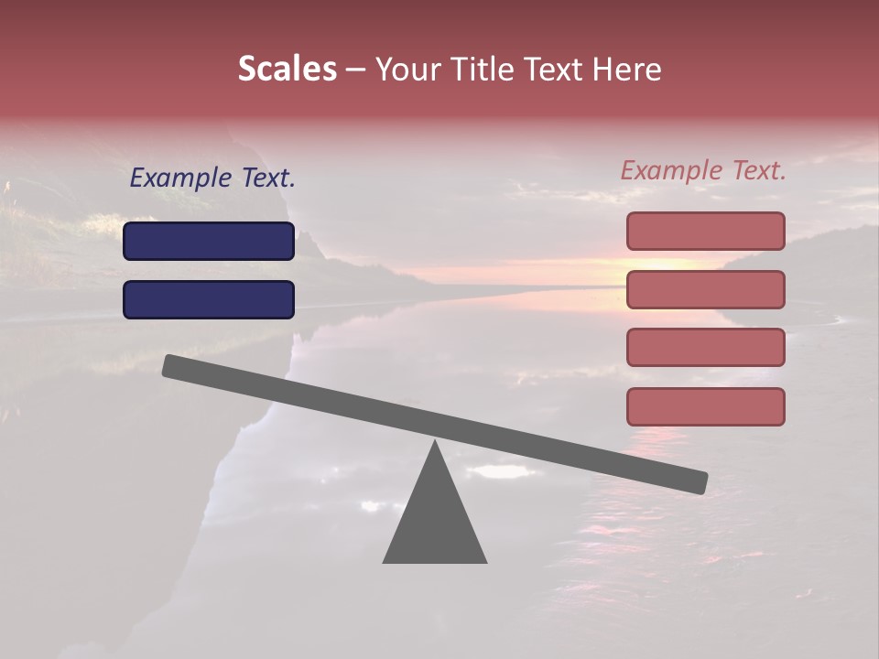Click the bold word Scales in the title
click(x=287, y=69)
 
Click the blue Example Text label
click(x=212, y=178)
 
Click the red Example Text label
click(x=703, y=170)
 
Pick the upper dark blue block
click(x=209, y=241)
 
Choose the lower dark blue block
click(x=209, y=299)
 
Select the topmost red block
click(x=705, y=231)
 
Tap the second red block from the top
click(x=705, y=289)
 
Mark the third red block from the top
click(x=705, y=348)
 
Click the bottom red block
click(x=705, y=406)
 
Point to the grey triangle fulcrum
click(x=435, y=522)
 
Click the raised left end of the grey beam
click(x=174, y=366)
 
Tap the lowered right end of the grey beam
click(x=696, y=481)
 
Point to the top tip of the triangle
click(x=435, y=444)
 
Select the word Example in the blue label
click(x=180, y=178)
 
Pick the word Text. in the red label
click(x=757, y=170)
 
